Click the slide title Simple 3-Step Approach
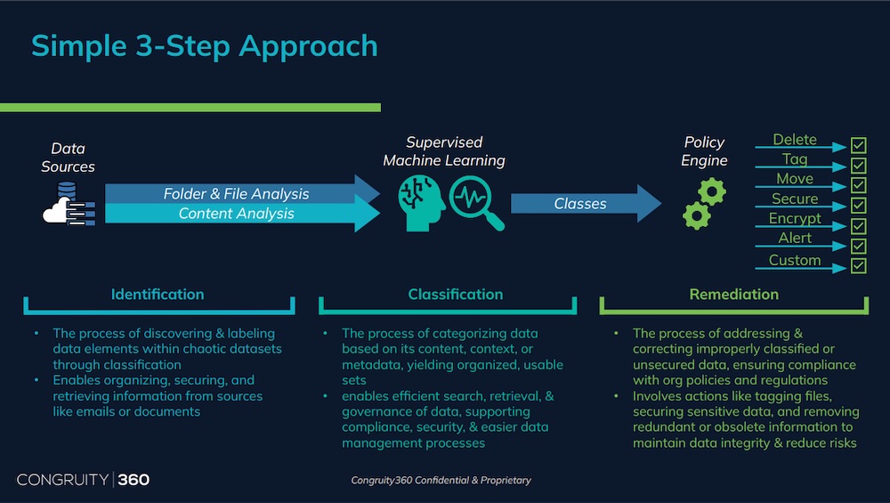[x=205, y=46]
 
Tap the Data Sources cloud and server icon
[x=69, y=204]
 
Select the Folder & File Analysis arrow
[x=242, y=193]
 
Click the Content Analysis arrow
[x=242, y=214]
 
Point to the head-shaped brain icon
[x=421, y=203]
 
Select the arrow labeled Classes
[x=586, y=203]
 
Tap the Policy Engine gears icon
[x=704, y=203]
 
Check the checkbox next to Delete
[x=858, y=145]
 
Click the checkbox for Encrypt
[x=858, y=226]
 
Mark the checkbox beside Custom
[x=858, y=265]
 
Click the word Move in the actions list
[x=795, y=179]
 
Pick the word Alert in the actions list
[x=795, y=238]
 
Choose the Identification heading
[x=158, y=294]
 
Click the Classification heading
[x=455, y=294]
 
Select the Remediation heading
[x=734, y=294]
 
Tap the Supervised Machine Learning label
[x=444, y=151]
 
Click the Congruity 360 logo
[x=83, y=480]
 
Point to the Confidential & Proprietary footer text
[x=441, y=480]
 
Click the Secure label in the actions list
[x=795, y=199]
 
